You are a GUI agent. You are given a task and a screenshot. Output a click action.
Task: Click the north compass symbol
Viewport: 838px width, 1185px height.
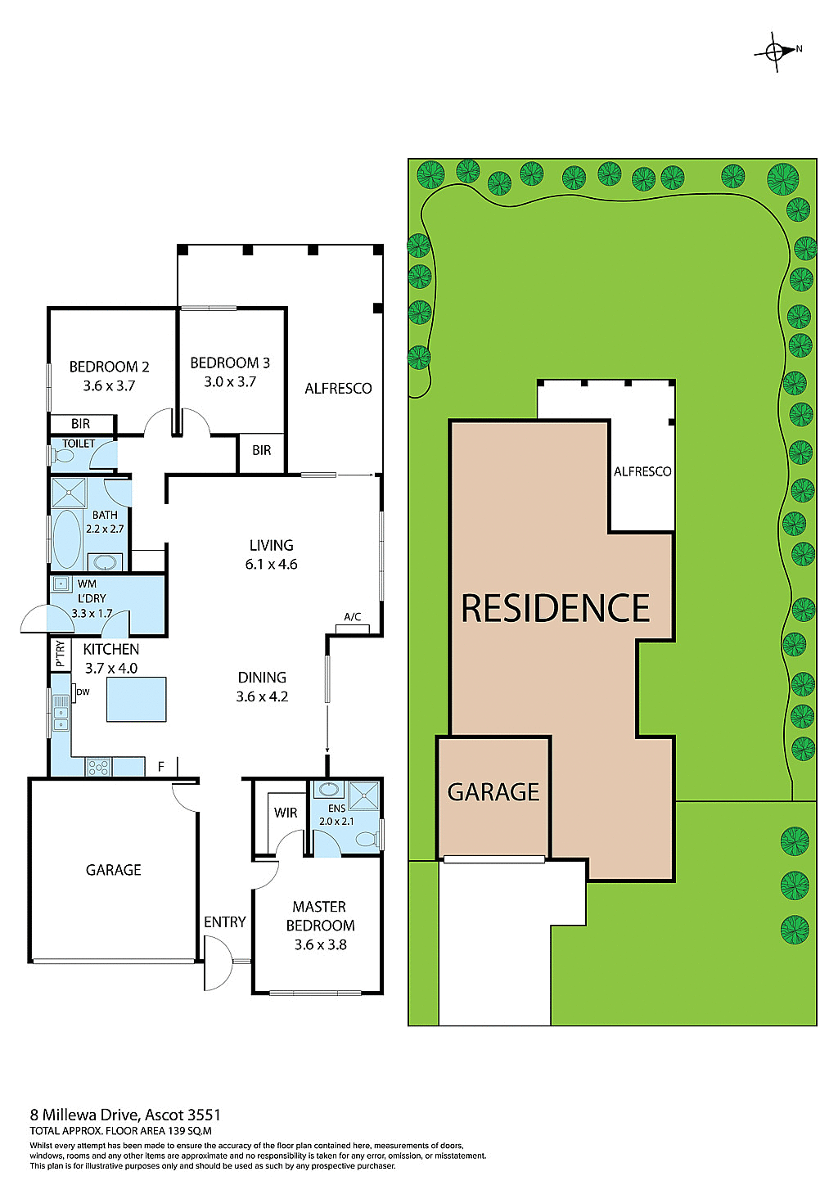[777, 51]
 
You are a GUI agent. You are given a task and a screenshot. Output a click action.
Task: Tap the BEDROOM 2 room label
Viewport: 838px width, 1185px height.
[109, 367]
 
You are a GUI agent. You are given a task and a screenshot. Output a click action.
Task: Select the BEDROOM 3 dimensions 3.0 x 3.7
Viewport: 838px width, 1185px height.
[230, 382]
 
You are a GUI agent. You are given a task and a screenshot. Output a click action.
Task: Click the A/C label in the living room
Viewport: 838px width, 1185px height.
[353, 617]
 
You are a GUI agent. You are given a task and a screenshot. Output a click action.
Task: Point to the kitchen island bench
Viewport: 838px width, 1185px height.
[137, 699]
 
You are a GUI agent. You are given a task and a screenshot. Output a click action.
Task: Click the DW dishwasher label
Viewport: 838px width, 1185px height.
[83, 692]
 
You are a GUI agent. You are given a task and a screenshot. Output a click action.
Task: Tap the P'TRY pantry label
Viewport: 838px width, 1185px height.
[60, 653]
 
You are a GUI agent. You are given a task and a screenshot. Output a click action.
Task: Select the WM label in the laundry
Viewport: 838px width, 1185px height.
[87, 584]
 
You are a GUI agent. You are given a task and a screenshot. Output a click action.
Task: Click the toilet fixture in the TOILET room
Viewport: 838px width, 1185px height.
[62, 454]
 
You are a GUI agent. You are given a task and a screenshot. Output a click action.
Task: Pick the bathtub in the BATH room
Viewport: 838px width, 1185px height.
[67, 538]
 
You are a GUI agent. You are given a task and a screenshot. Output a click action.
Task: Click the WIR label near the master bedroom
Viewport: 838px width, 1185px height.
[286, 813]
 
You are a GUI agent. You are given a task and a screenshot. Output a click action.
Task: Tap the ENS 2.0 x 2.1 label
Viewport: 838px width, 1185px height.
[336, 815]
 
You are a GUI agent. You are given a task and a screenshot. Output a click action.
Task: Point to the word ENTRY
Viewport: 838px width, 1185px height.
[225, 922]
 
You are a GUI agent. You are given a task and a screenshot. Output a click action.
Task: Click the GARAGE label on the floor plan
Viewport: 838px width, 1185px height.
[114, 870]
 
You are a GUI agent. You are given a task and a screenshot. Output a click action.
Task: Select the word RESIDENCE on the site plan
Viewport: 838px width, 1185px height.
[556, 608]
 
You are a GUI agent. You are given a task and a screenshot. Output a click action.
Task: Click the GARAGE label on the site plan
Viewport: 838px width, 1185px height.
[493, 792]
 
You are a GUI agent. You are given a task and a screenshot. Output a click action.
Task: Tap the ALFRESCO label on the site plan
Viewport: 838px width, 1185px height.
[642, 471]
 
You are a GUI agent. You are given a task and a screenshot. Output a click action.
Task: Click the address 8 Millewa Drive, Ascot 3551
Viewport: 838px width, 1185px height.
[125, 1115]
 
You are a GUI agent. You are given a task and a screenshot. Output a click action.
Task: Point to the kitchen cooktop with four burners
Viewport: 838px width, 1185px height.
[98, 767]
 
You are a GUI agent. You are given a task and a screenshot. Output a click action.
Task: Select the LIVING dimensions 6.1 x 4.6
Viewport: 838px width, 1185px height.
[271, 565]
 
